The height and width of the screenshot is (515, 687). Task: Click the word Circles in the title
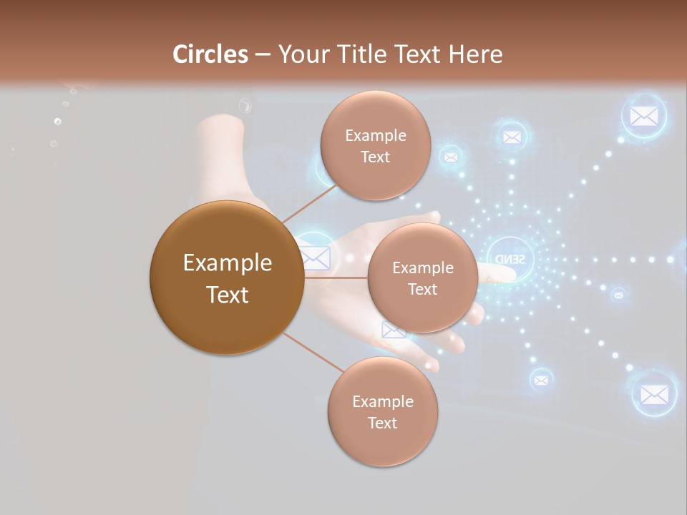tap(210, 54)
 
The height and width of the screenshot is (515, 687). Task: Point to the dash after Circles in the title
tap(262, 55)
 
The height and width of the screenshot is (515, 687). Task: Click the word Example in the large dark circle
tap(227, 263)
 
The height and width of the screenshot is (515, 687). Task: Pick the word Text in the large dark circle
tap(227, 294)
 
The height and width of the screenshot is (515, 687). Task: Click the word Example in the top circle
tap(375, 136)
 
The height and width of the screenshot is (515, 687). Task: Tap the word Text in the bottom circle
tap(382, 423)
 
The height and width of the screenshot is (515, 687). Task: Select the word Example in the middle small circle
tap(422, 268)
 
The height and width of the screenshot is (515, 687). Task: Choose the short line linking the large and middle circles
tap(336, 277)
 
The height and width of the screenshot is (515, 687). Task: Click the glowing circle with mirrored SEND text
tap(510, 257)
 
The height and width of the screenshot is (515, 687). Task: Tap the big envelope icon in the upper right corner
tap(643, 117)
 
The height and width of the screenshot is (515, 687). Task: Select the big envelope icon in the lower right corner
tap(654, 393)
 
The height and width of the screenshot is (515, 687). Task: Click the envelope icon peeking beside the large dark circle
tap(317, 256)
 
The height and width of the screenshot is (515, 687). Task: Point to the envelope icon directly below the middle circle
tap(393, 330)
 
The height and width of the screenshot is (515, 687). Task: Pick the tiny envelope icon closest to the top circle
tap(450, 156)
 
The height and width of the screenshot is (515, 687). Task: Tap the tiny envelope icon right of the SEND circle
tap(618, 294)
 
